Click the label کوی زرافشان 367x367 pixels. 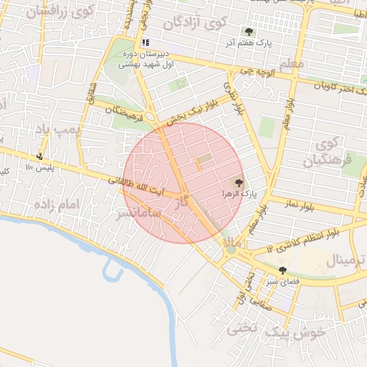point(60,11)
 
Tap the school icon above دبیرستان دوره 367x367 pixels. point(146,43)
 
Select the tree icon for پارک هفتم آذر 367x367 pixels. point(249,32)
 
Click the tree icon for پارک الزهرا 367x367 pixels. point(239,183)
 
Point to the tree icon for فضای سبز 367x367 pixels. point(283,270)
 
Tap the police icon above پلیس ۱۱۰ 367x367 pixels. point(39,156)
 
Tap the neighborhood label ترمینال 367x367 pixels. point(347,259)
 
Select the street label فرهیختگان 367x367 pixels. point(126,112)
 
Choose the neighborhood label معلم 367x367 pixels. point(293,64)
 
